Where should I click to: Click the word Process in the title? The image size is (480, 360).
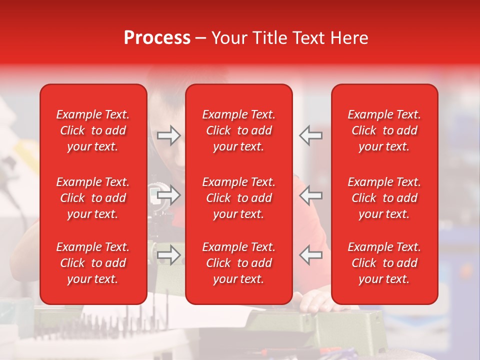tap(157, 38)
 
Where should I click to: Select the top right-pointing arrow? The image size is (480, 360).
tap(168, 135)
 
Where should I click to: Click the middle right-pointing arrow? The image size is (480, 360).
tap(168, 195)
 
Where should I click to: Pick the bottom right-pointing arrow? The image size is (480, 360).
tap(168, 255)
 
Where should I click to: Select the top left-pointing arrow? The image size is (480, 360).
tap(310, 135)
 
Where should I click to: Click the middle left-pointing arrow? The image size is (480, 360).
tap(310, 195)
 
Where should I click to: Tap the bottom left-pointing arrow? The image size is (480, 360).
tap(310, 255)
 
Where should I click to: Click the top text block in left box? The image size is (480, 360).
tap(93, 130)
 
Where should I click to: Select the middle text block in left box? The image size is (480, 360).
tap(93, 198)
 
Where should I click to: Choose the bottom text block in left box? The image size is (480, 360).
tap(93, 263)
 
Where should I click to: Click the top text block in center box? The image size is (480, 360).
tap(238, 130)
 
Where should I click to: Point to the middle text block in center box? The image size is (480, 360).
tap(238, 198)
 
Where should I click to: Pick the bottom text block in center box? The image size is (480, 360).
tap(238, 263)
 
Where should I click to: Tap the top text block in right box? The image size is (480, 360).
tap(384, 130)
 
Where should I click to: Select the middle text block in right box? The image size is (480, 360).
tap(384, 198)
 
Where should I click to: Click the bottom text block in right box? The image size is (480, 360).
tap(384, 263)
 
